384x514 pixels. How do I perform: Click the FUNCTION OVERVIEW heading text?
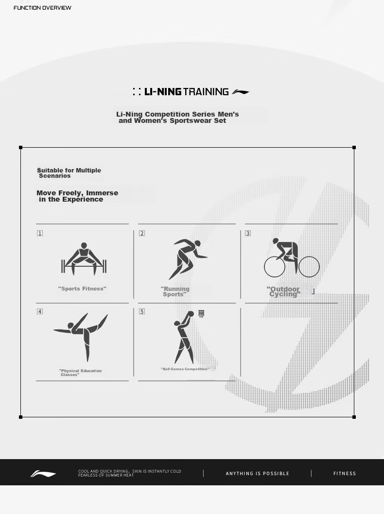[42, 8]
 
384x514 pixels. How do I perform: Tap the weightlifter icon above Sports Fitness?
[84, 259]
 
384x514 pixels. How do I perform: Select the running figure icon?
[188, 259]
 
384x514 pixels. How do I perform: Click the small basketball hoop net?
[201, 314]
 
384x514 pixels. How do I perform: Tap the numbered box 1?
[40, 233]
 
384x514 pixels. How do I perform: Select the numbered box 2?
[141, 233]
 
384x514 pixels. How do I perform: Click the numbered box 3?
[247, 233]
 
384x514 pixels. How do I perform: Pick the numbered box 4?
[40, 311]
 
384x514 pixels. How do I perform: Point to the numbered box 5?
[141, 311]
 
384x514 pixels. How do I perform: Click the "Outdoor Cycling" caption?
[283, 291]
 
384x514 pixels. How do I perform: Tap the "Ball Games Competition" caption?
[185, 369]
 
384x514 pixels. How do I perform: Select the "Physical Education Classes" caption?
[80, 373]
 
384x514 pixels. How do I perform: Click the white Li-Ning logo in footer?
[43, 474]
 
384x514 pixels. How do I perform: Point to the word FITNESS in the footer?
[345, 473]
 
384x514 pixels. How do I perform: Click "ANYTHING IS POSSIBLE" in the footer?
[258, 473]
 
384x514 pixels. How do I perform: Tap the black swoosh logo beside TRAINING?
[241, 92]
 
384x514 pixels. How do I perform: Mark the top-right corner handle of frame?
[354, 148]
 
